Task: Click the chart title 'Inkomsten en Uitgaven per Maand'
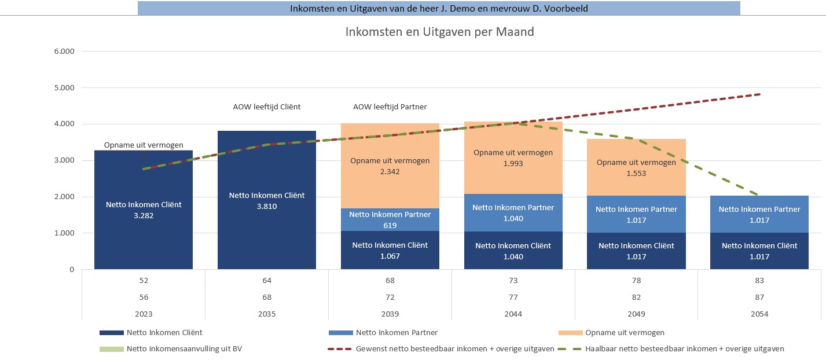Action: tap(439, 32)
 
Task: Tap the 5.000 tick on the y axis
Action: tap(64, 88)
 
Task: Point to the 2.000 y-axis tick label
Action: tap(64, 197)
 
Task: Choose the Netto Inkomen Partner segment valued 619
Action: tap(390, 219)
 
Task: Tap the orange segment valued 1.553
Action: tap(636, 167)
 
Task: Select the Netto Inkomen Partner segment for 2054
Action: tap(759, 214)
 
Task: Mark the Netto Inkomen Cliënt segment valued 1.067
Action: tap(390, 250)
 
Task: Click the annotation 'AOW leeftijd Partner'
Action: tap(390, 107)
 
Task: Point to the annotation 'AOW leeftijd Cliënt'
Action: tap(267, 107)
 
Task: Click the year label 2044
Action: tap(513, 314)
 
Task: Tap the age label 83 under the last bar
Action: tap(759, 281)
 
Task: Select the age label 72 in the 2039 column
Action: tap(390, 297)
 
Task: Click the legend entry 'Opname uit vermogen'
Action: tap(625, 333)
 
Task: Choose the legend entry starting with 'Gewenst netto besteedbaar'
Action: tap(454, 349)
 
